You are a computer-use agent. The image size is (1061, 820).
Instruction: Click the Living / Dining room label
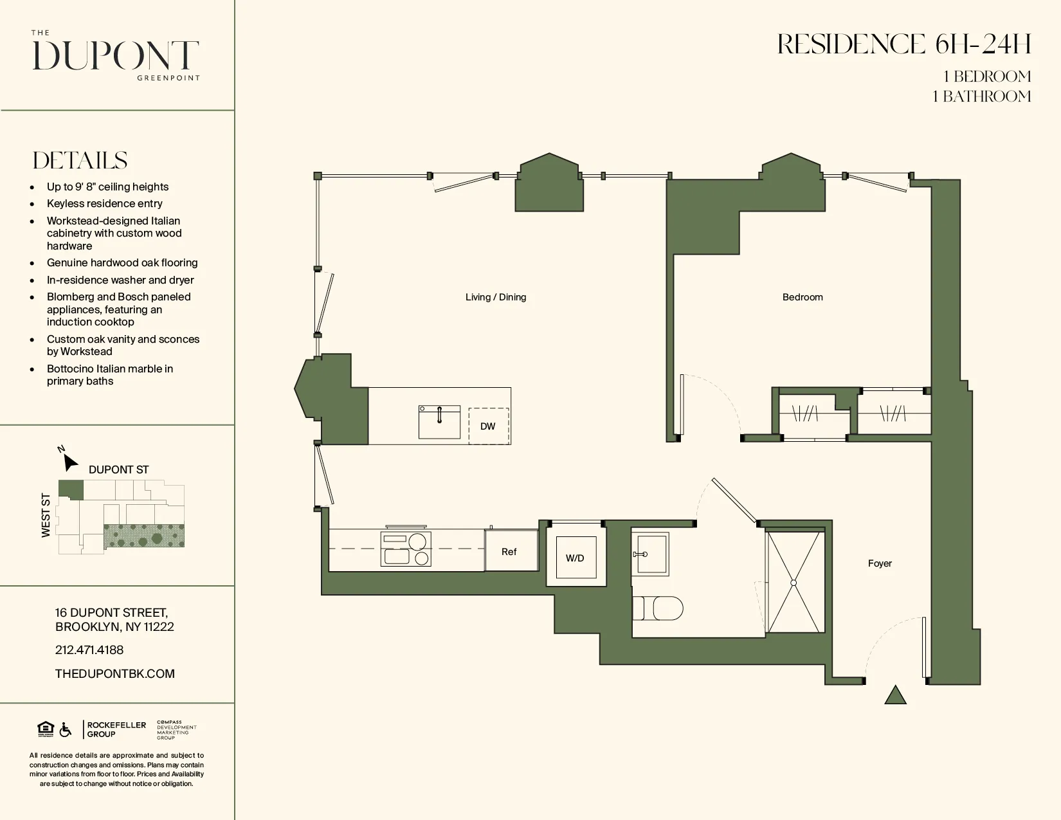coord(495,297)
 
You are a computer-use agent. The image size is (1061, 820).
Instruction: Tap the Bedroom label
coord(802,297)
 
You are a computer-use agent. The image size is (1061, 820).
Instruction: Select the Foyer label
coord(879,563)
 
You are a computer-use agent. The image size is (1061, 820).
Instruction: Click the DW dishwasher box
coord(488,426)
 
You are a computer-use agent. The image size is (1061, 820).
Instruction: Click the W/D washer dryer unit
coord(576,558)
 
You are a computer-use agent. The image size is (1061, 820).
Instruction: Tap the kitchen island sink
coord(439,422)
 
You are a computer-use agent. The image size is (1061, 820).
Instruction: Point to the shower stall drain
coord(793,583)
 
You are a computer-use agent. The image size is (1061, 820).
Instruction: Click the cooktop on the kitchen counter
coord(405,549)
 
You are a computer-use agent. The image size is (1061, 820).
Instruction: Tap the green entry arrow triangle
coord(895,695)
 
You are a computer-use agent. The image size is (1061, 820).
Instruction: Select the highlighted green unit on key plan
coord(71,489)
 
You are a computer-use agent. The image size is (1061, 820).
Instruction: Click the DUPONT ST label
coord(118,469)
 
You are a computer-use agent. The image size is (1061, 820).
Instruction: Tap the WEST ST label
coord(46,515)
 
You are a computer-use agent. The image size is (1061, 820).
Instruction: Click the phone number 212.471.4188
coord(89,650)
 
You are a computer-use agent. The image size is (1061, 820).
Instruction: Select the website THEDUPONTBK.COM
coord(114,673)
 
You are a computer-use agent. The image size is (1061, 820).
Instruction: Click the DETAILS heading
coord(80,160)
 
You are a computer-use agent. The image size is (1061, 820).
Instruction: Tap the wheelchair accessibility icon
coord(66,730)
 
